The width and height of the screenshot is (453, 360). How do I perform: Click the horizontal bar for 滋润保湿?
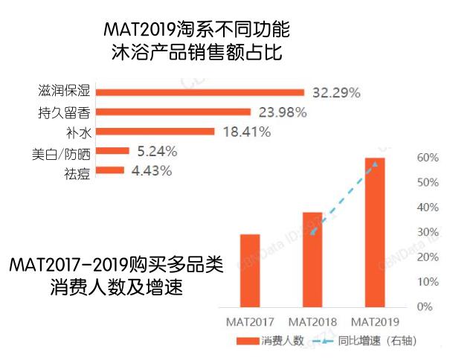201,92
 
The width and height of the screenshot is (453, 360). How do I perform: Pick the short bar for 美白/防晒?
113,151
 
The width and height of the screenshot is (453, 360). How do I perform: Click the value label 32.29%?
335,93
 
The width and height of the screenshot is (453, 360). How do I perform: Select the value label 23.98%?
282,112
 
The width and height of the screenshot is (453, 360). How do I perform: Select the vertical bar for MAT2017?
251,270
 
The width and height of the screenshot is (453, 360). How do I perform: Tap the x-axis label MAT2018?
312,322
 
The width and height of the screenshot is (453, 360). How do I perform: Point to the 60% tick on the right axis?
425,158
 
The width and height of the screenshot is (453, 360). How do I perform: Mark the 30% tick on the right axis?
425,232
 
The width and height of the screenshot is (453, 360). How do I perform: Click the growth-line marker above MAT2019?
375,162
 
